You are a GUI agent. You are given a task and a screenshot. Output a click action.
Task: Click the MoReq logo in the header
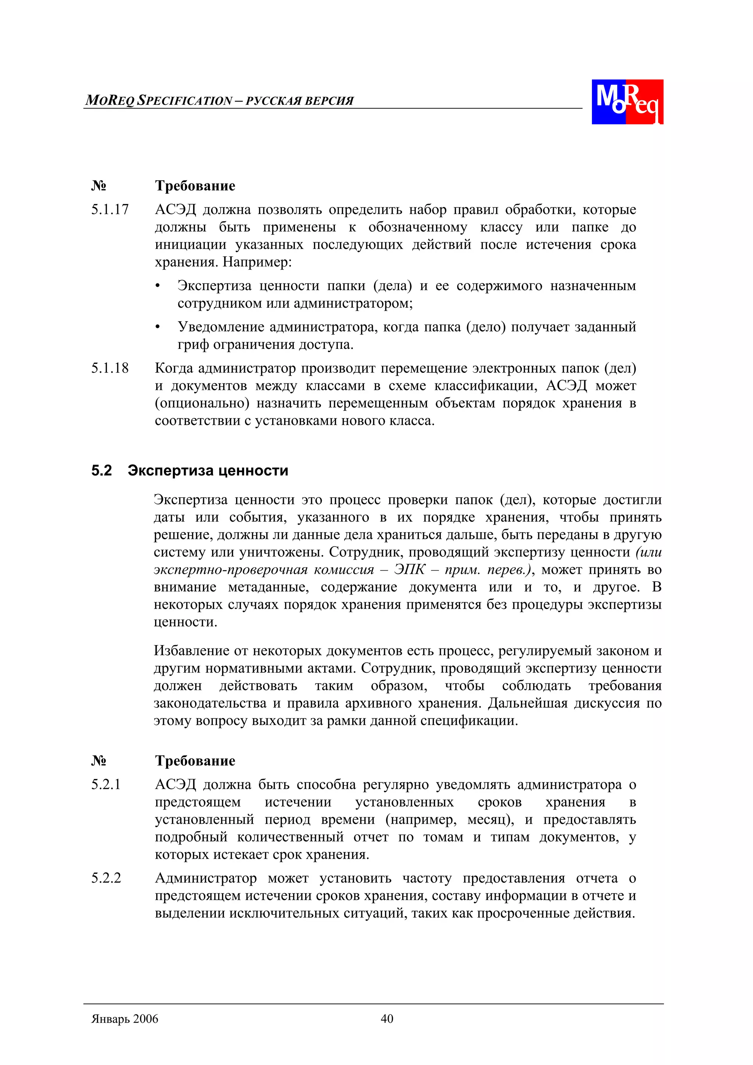click(627, 101)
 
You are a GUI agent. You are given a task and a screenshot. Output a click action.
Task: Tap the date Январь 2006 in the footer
click(125, 1019)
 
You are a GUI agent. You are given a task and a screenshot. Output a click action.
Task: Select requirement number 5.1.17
click(110, 210)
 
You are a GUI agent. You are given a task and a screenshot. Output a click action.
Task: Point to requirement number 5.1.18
click(110, 368)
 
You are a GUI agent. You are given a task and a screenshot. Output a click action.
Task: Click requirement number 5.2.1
click(106, 785)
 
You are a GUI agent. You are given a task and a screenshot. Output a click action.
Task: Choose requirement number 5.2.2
click(106, 878)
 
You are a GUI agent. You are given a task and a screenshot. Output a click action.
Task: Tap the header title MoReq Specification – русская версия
click(220, 100)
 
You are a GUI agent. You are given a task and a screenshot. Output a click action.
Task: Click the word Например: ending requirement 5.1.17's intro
click(257, 262)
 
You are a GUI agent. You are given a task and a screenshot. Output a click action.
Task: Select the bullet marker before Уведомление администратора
click(158, 328)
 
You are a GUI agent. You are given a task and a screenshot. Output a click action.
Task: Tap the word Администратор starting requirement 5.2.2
click(206, 878)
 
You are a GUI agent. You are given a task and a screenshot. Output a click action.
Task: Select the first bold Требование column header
click(195, 186)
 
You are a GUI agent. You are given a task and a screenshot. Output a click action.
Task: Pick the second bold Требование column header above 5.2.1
click(195, 761)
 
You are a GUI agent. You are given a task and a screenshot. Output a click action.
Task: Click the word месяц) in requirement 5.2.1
click(490, 820)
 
